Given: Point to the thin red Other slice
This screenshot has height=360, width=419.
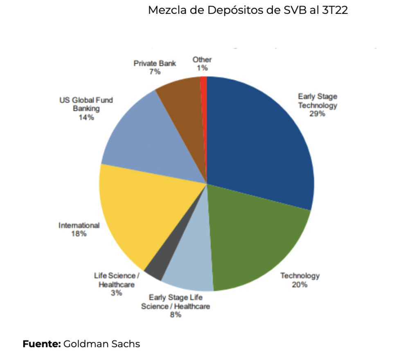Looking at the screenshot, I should [204, 94].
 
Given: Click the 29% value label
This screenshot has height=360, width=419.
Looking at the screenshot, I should [318, 114].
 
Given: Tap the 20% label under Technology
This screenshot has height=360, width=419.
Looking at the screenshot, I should [300, 285].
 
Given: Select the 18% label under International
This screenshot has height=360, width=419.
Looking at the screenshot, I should [79, 234].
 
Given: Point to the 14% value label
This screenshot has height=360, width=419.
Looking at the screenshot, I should [86, 118].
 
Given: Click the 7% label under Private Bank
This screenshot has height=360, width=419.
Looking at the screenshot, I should [155, 72].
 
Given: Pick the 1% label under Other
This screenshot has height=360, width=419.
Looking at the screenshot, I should [202, 68].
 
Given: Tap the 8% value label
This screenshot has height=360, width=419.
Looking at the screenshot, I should [176, 315].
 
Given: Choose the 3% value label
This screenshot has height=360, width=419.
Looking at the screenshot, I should [117, 293].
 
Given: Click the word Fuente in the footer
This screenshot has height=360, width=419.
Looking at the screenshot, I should [41, 344].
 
